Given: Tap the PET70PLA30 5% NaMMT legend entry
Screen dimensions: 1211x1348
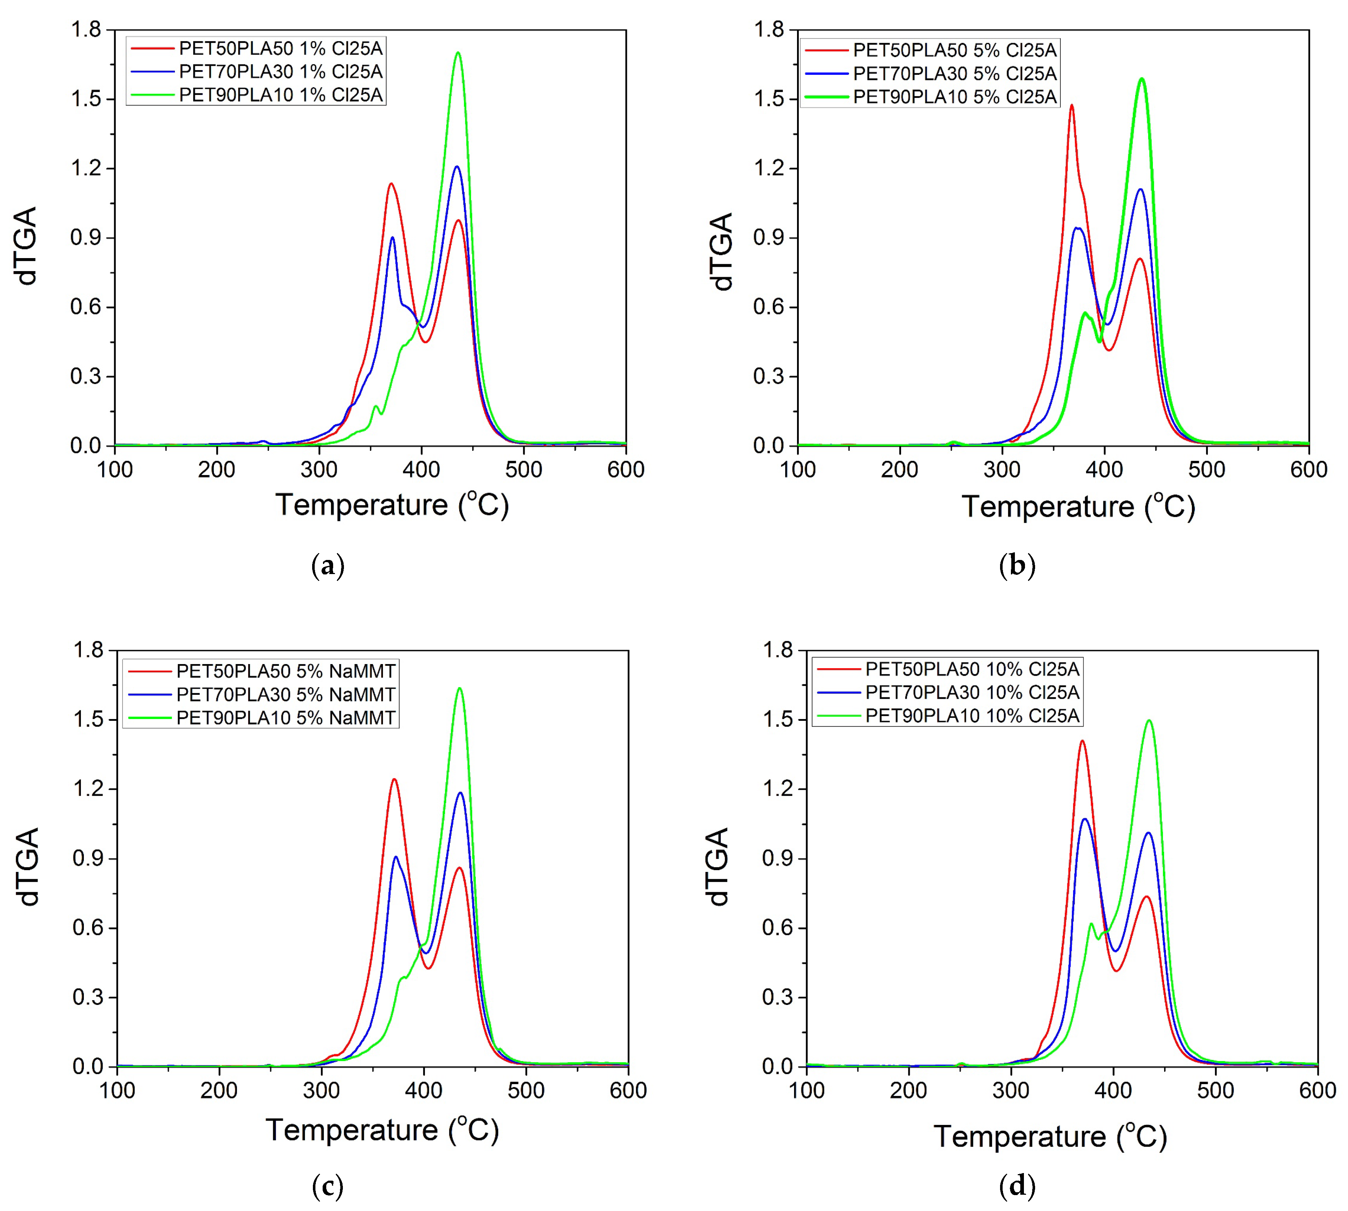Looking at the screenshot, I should [x=285, y=695].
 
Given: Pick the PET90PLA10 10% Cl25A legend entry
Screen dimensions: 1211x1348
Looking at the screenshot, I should [x=972, y=716].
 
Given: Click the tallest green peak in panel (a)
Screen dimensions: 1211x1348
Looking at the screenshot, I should [x=457, y=53].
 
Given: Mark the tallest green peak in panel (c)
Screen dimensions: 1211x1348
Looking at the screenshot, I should [x=459, y=689].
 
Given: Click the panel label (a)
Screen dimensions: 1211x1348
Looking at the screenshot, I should [x=328, y=566].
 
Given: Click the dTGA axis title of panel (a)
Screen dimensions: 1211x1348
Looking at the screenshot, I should [x=27, y=246].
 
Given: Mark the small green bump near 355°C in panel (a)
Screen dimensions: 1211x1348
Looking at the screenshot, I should [x=376, y=407].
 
